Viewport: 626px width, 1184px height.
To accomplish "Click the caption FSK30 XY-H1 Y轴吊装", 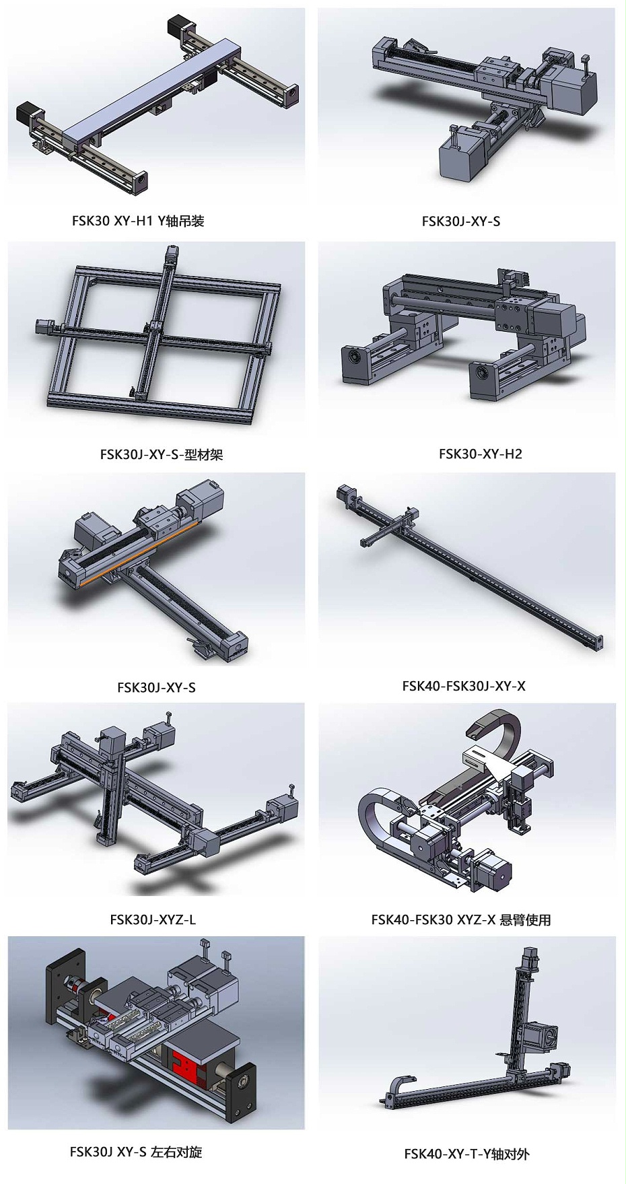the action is coord(138,221).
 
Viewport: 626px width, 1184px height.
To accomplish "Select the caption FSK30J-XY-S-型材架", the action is coord(162,454).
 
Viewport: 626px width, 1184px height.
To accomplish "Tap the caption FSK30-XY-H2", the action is coord(481,454).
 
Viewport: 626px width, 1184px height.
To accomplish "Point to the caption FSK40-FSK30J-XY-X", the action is coord(464,686).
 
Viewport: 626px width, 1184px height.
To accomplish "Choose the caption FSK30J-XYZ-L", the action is coord(153,919).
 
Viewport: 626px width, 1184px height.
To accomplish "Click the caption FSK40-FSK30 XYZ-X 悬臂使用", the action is coord(461,919).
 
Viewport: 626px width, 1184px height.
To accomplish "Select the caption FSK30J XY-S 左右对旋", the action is coord(136,1152).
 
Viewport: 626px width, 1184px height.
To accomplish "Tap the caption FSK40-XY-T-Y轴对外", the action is coord(467,1154).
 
